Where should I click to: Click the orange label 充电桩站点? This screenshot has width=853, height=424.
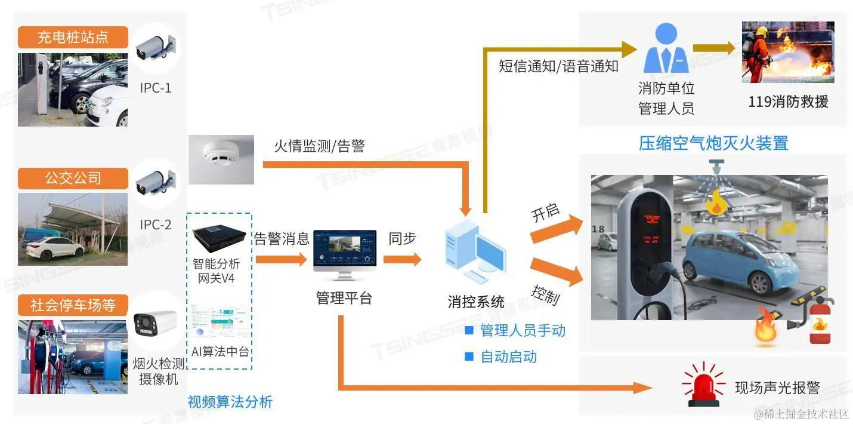pos(73,38)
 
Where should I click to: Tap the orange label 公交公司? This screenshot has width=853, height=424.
pos(73,178)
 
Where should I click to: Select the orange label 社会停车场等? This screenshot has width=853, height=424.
pos(73,306)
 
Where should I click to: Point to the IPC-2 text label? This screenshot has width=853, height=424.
pos(156,225)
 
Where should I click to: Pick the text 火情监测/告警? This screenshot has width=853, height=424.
pos(319,146)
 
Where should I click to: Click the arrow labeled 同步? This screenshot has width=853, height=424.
pos(402,259)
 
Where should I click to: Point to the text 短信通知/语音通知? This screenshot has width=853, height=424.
pos(558,66)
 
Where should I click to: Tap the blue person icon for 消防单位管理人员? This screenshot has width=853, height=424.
pos(666,48)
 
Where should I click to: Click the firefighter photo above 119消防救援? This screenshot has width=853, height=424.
pos(787,53)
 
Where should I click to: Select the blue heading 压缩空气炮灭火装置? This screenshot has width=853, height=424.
pos(713,143)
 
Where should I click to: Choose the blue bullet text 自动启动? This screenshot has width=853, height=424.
pos(508,357)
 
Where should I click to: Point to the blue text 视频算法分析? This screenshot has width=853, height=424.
pos(230,402)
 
